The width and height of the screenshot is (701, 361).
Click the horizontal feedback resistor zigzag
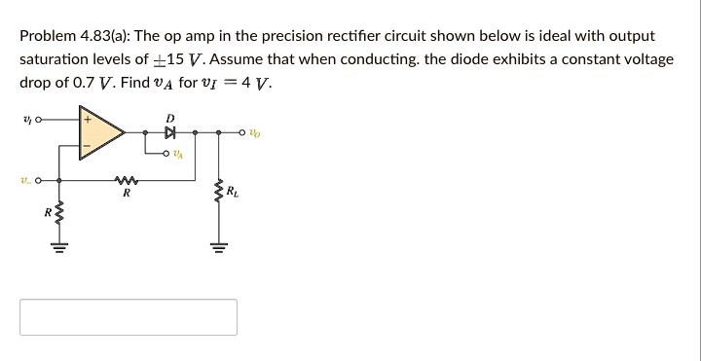pyautogui.click(x=124, y=181)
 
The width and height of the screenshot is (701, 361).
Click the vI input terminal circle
pyautogui.click(x=38, y=121)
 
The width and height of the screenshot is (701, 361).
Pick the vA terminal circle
pyautogui.click(x=167, y=154)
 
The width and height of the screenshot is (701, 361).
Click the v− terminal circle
pyautogui.click(x=38, y=181)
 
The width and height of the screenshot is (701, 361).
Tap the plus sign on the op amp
pyautogui.click(x=89, y=120)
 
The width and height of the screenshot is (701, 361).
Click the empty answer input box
pyautogui.click(x=128, y=317)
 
